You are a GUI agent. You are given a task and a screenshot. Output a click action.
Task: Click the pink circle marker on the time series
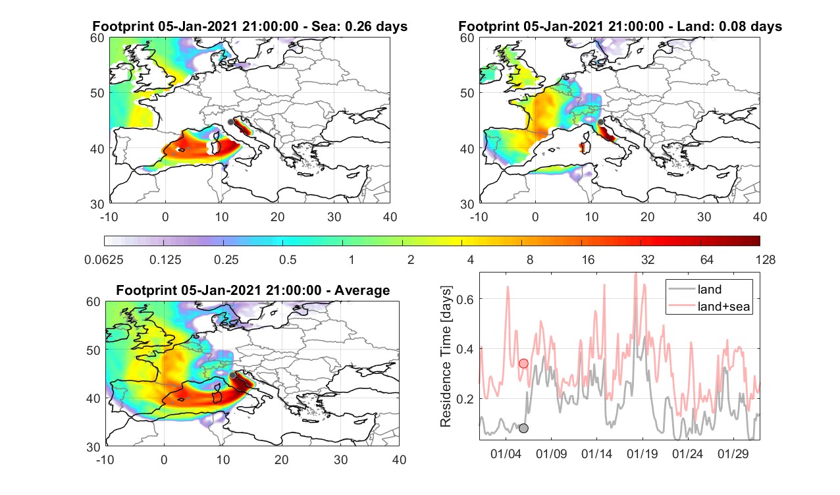tap(523, 363)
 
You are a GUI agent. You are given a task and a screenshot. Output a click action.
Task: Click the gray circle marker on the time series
tap(523, 429)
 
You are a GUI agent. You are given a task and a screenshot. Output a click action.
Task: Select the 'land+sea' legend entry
tap(709, 306)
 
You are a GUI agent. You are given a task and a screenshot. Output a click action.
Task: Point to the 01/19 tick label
tap(642, 454)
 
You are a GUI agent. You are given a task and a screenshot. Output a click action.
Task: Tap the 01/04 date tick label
tap(506, 454)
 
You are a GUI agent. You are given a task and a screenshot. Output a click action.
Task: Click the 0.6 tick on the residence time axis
tap(465, 299)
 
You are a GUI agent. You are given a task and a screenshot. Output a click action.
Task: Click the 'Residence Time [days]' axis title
tap(446, 357)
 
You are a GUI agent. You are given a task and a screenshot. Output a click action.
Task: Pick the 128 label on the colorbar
tap(766, 259)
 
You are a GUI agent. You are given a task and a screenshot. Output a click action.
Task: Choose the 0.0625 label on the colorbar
tap(104, 259)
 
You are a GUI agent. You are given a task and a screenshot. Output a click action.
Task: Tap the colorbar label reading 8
tap(529, 259)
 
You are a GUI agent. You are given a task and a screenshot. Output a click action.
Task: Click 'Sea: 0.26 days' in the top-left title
tap(359, 26)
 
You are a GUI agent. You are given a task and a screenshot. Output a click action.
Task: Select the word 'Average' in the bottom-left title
tap(362, 290)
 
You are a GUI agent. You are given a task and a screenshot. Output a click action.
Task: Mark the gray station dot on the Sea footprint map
tap(230, 122)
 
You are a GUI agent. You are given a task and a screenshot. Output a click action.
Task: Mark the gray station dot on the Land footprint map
tap(600, 122)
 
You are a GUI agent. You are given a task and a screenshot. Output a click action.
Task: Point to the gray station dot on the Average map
tap(232, 375)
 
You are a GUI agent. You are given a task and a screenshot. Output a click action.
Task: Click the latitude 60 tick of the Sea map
tap(97, 38)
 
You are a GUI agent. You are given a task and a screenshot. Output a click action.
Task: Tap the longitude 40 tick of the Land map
tap(760, 217)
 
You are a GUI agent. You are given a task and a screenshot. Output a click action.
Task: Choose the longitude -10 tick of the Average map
tap(105, 459)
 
